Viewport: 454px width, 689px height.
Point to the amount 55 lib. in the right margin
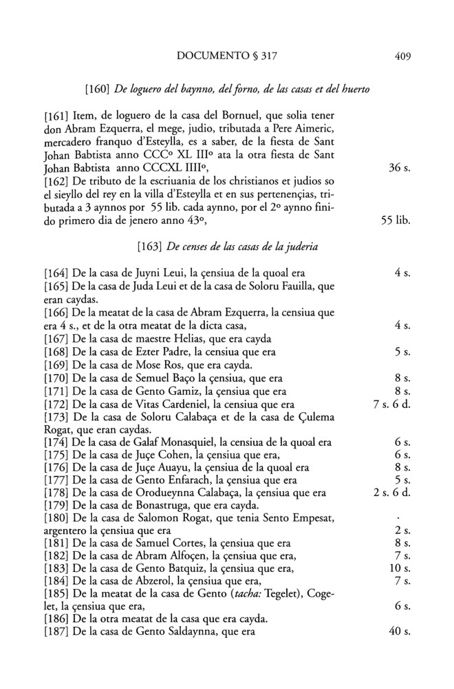tap(396, 223)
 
